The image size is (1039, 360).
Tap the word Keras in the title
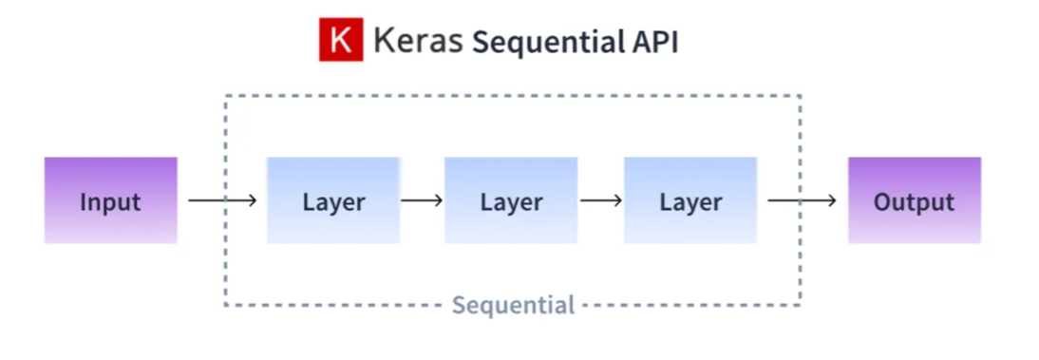(417, 41)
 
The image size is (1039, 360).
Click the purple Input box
(110, 200)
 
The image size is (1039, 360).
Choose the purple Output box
(914, 200)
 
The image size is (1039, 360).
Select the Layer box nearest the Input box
(333, 200)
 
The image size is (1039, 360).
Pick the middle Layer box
(511, 200)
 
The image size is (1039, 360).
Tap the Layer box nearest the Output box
(690, 200)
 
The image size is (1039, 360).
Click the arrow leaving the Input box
(222, 200)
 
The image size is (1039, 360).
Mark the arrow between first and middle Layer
(422, 200)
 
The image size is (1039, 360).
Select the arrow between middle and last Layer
(600, 200)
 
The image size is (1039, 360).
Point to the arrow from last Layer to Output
(802, 200)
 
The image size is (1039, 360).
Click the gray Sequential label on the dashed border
(513, 306)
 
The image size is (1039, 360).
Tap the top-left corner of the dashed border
(226, 96)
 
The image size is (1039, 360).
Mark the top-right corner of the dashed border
(801, 96)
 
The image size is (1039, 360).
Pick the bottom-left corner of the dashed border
(226, 305)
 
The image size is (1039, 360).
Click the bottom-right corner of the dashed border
(801, 305)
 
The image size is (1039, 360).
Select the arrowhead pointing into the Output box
(832, 200)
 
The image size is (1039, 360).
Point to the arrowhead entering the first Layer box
(252, 200)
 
